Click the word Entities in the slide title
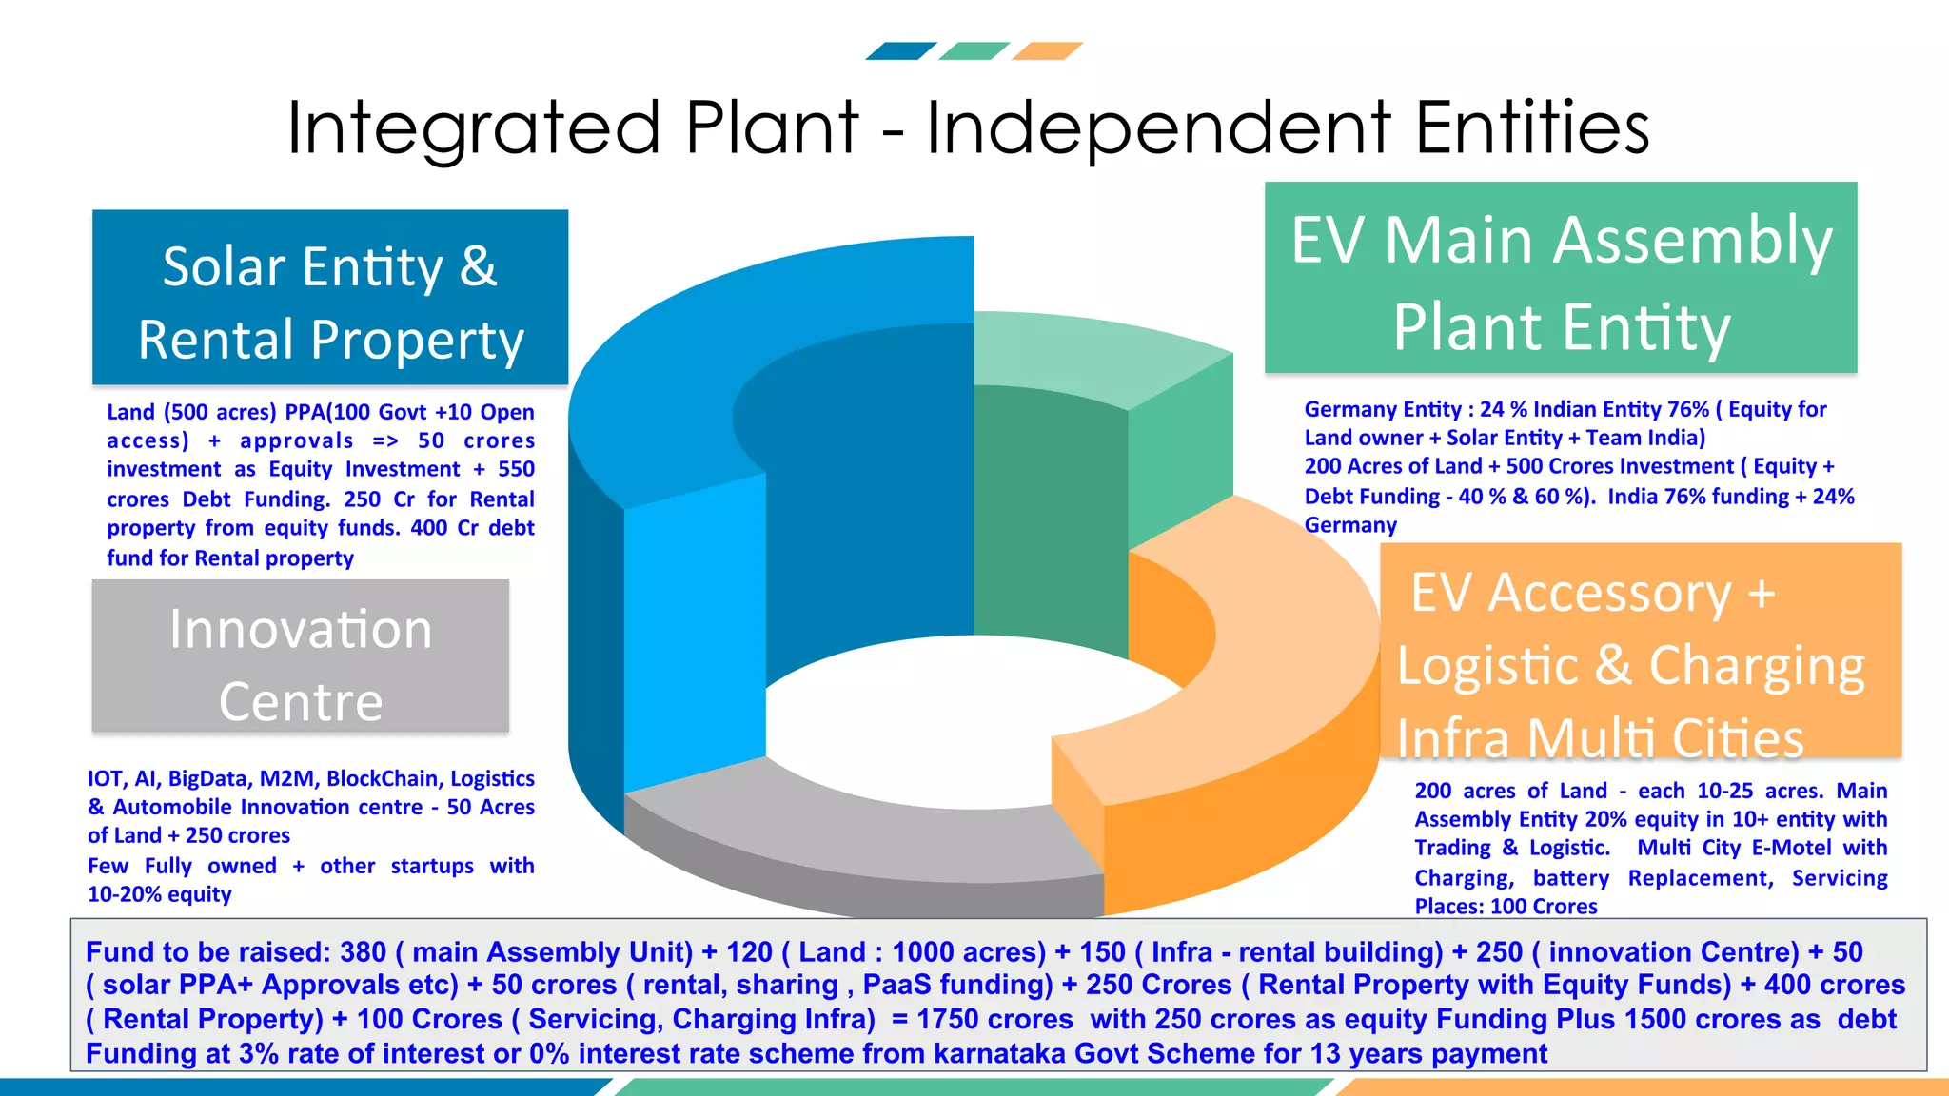[x=1532, y=128]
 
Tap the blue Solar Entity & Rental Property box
[x=330, y=298]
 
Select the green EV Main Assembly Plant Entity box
[x=1561, y=278]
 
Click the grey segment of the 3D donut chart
[x=856, y=837]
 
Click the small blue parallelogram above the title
[x=901, y=51]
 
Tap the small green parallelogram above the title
[x=974, y=51]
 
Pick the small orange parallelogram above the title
[x=1047, y=51]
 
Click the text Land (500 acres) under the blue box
[x=191, y=413]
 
